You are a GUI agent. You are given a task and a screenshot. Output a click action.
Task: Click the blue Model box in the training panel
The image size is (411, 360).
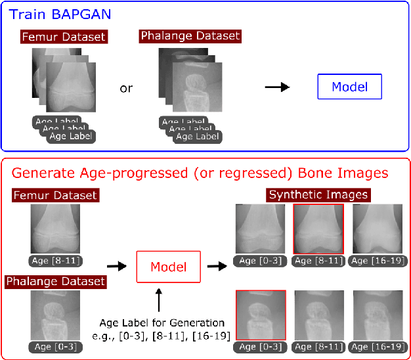pos(349,87)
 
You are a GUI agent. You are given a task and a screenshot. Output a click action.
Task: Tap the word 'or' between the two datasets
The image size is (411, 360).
pos(126,88)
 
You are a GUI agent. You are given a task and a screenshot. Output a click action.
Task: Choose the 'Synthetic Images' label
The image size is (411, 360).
pos(318,194)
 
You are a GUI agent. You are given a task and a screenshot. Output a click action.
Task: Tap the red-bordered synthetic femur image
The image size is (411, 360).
pos(318,228)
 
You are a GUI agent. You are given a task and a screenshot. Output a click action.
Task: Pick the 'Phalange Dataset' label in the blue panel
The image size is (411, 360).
pos(190,35)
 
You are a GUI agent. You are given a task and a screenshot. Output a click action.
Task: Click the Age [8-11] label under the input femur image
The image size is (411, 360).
pos(56,261)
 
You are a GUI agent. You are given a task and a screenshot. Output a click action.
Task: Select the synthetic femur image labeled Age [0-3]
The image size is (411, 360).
pos(261,228)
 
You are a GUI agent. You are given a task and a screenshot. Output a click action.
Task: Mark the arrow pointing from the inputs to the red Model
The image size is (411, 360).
pos(116,267)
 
